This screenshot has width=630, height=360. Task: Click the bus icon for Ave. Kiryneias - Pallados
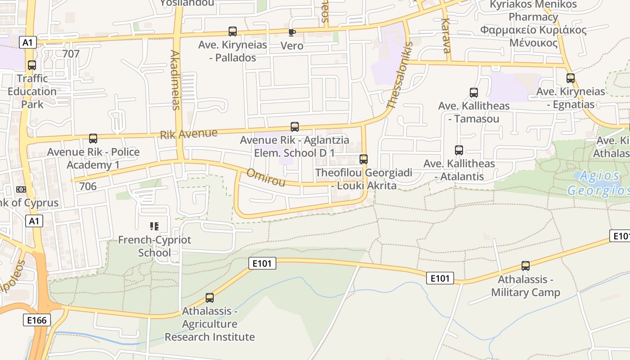(x=232, y=31)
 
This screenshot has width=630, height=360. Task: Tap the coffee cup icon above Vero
(x=292, y=32)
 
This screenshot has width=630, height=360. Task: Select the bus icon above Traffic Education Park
(x=31, y=65)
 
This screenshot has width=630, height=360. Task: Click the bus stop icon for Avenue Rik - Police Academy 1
(x=93, y=139)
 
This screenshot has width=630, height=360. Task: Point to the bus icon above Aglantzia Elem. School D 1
(x=295, y=127)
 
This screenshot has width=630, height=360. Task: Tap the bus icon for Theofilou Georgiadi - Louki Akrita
(x=363, y=159)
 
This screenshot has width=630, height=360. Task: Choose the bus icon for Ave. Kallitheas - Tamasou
(x=473, y=93)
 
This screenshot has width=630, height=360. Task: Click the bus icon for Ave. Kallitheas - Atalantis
(x=459, y=150)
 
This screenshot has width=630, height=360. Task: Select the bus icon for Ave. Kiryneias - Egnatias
(x=571, y=78)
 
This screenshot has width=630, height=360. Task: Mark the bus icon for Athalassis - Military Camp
(x=525, y=266)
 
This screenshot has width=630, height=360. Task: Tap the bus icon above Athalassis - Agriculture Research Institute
(x=210, y=298)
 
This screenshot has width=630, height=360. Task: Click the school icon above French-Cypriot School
(x=154, y=226)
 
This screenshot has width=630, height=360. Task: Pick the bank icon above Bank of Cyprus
(x=21, y=189)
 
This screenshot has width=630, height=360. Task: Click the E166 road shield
(x=36, y=320)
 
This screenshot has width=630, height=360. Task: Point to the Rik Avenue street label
(x=189, y=134)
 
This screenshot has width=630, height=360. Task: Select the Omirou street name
(x=266, y=177)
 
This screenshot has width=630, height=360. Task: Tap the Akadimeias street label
(x=175, y=80)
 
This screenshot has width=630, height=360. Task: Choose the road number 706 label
(x=88, y=186)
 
